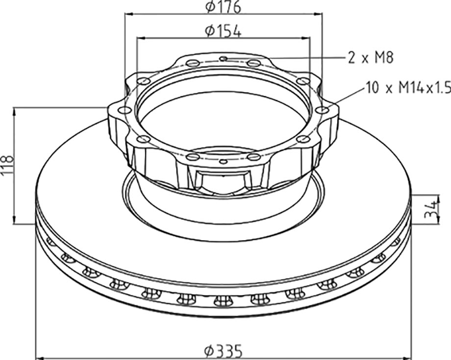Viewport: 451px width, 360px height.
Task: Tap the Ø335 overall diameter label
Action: tap(223, 351)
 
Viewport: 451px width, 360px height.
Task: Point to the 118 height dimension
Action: tap(7, 165)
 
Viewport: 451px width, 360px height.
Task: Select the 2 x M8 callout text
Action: tap(370, 57)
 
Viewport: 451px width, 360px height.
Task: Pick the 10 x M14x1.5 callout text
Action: tap(408, 87)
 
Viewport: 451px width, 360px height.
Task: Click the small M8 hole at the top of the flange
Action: tap(224, 59)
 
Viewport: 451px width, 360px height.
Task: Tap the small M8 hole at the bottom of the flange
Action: tap(223, 161)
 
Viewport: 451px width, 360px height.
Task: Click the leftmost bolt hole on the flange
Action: tap(125, 110)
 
